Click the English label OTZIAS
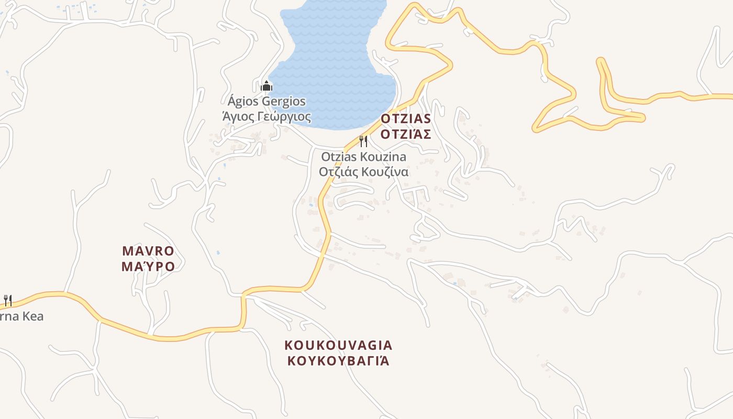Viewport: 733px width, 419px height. tap(406, 119)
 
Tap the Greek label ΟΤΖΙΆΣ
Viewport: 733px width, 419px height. tap(406, 135)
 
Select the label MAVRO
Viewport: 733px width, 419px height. tap(148, 251)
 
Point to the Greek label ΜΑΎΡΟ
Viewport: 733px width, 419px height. tap(148, 267)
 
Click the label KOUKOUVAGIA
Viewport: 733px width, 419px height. tap(338, 345)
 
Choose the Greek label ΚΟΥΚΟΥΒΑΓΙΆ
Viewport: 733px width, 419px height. tap(338, 361)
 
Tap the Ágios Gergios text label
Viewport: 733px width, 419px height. tap(266, 101)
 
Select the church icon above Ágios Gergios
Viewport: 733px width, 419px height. tap(266, 86)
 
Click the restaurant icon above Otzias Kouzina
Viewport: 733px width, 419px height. tap(363, 141)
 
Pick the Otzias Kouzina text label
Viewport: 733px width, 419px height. tap(363, 157)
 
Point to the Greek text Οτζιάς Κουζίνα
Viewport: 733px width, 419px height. tap(363, 172)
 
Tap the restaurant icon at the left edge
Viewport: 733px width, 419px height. tap(7, 301)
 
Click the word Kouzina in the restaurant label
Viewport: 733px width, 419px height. tap(385, 157)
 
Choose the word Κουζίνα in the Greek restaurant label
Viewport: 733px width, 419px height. tap(386, 172)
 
